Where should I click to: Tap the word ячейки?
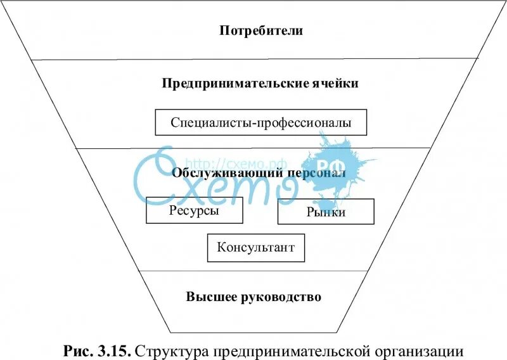point(336,83)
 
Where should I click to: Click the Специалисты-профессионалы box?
point(260,122)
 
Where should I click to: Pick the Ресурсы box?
point(195,211)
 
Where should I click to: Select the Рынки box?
point(326,212)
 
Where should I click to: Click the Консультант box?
point(255,248)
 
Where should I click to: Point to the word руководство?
point(283,297)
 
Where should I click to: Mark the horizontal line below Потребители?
point(253,59)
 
